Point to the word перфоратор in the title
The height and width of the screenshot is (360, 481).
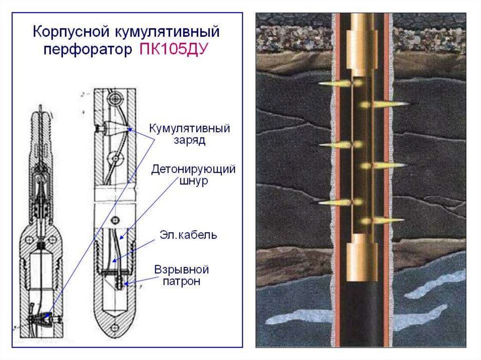[85, 49]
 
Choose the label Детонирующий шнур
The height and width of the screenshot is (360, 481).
[193, 175]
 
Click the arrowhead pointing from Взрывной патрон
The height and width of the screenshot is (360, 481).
[126, 283]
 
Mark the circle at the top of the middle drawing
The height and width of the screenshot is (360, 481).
[115, 98]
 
